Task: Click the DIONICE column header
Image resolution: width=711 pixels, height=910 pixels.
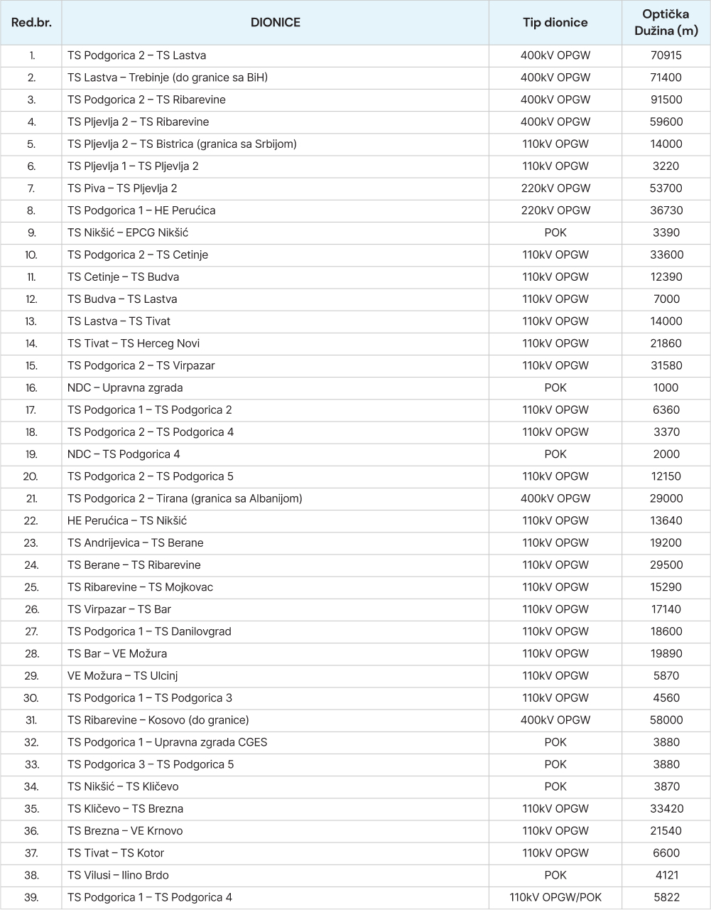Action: pyautogui.click(x=275, y=23)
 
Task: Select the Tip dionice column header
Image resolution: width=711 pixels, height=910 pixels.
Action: pyautogui.click(x=555, y=23)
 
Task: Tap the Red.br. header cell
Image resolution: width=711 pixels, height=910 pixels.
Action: pyautogui.click(x=31, y=23)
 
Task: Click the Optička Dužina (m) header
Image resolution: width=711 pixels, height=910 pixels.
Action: pyautogui.click(x=666, y=23)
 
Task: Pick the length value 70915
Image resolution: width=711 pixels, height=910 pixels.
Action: pyautogui.click(x=666, y=55)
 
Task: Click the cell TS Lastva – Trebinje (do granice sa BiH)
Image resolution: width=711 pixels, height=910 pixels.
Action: pyautogui.click(x=168, y=77)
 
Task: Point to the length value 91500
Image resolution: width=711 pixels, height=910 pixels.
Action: pyautogui.click(x=666, y=100)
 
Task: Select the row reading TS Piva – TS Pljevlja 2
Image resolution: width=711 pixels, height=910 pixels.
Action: pyautogui.click(x=122, y=188)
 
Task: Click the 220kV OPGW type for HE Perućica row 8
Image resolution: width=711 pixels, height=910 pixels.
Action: pyautogui.click(x=555, y=210)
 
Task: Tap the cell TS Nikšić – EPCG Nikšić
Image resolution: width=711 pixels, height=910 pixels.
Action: pyautogui.click(x=128, y=232)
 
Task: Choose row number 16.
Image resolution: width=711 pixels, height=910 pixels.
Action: pyautogui.click(x=31, y=387)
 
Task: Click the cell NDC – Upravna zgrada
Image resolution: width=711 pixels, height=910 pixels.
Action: pyautogui.click(x=125, y=387)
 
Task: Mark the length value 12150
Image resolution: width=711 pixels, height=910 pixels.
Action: pyautogui.click(x=666, y=476)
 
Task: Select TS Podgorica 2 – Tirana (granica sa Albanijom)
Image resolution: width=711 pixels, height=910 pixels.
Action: pyautogui.click(x=185, y=498)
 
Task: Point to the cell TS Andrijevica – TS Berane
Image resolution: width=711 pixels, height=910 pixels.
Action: pyautogui.click(x=136, y=542)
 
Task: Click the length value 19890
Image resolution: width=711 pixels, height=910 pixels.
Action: pyautogui.click(x=666, y=653)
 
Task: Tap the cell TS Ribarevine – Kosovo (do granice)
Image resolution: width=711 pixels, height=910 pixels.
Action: pyautogui.click(x=158, y=720)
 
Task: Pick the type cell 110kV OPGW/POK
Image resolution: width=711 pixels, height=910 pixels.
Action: pyautogui.click(x=555, y=897)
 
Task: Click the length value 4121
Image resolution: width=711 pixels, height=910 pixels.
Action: pyautogui.click(x=666, y=875)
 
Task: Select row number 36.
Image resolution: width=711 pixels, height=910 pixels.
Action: pyautogui.click(x=31, y=831)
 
